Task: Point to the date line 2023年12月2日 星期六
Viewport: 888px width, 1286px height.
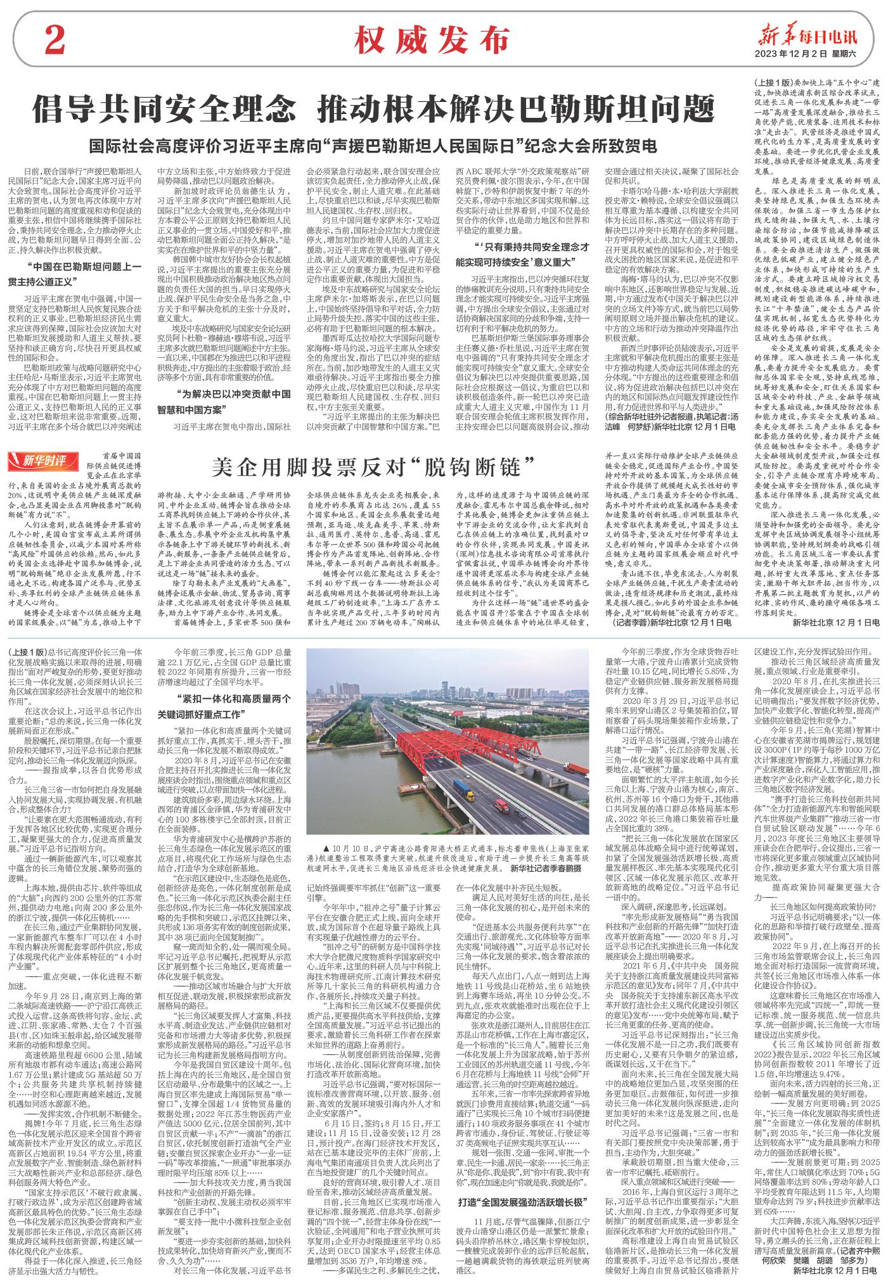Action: [805, 54]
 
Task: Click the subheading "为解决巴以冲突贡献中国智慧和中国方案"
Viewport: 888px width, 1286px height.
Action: [224, 402]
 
